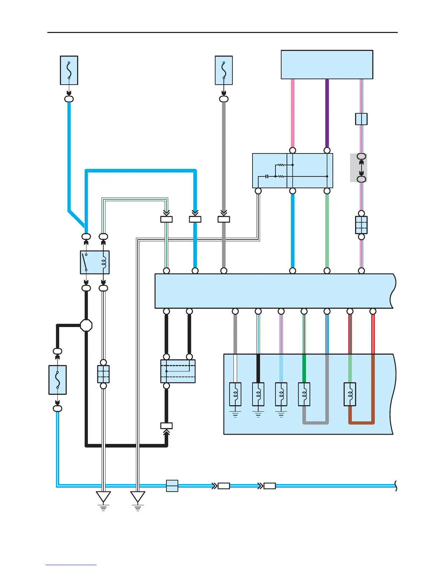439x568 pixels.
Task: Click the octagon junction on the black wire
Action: click(86, 325)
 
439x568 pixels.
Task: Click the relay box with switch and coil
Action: click(95, 262)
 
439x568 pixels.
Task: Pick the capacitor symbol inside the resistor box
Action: click(267, 176)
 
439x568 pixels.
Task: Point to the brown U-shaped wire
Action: click(362, 422)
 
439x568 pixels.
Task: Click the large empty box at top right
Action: click(327, 65)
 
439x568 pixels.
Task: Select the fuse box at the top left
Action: click(69, 70)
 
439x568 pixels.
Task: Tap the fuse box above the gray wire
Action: click(224, 70)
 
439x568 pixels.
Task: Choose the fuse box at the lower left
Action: click(57, 380)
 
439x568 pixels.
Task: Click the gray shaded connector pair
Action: click(359, 167)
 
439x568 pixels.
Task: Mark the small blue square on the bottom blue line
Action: click(172, 486)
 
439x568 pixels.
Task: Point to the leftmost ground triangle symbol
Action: click(103, 497)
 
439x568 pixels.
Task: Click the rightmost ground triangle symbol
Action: click(138, 497)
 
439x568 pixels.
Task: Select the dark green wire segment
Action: click(304, 368)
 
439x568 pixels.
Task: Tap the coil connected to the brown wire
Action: click(350, 394)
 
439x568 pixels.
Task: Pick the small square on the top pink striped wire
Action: click(361, 119)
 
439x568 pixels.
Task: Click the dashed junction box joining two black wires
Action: click(178, 371)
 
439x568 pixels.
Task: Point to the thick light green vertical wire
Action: click(327, 231)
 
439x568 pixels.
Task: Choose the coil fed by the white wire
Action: click(235, 394)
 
